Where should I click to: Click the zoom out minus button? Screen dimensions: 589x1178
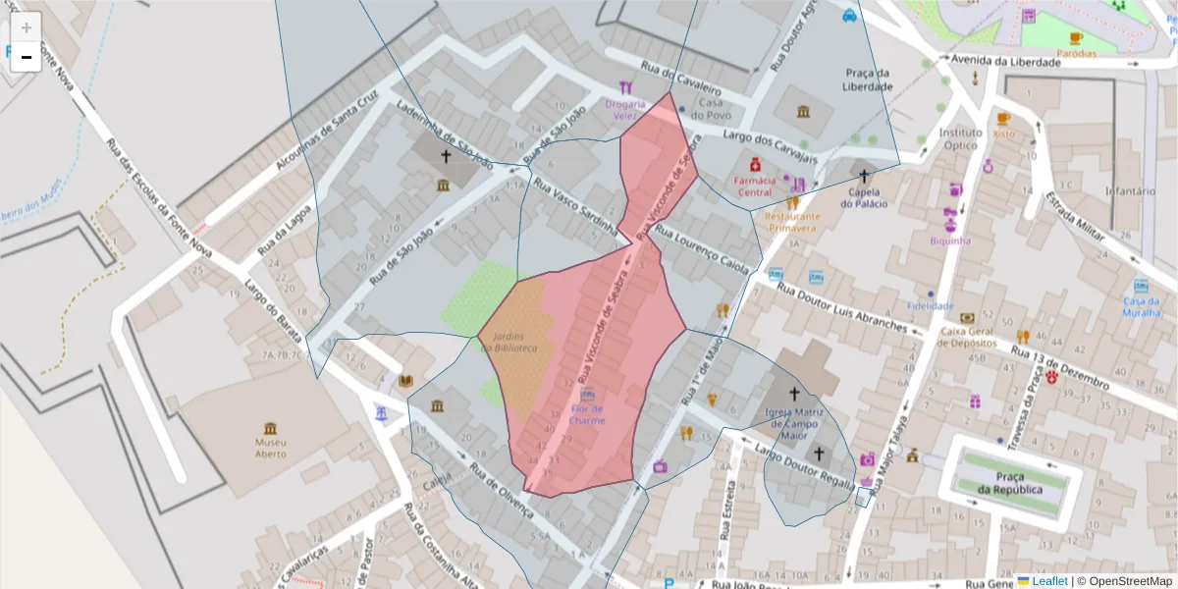click(27, 58)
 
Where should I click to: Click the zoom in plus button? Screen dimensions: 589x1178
click(27, 27)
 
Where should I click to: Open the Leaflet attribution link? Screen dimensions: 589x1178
click(1049, 580)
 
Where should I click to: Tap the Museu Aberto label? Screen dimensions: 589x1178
click(270, 448)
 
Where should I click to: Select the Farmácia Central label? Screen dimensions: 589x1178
click(755, 186)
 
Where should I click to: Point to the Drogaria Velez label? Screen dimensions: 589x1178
click(625, 109)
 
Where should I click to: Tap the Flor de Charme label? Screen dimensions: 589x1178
click(587, 414)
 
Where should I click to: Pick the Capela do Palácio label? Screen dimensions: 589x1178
click(864, 197)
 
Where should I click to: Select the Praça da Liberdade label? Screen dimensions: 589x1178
click(868, 80)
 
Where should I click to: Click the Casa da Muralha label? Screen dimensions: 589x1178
click(1142, 307)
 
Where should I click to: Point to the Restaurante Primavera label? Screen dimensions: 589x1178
click(791, 221)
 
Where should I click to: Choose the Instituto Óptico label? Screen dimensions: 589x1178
click(960, 138)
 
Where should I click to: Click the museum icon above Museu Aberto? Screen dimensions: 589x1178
click(270, 428)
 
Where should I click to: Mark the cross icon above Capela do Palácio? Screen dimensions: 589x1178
click(864, 177)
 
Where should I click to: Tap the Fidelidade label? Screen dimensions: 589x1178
click(931, 305)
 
